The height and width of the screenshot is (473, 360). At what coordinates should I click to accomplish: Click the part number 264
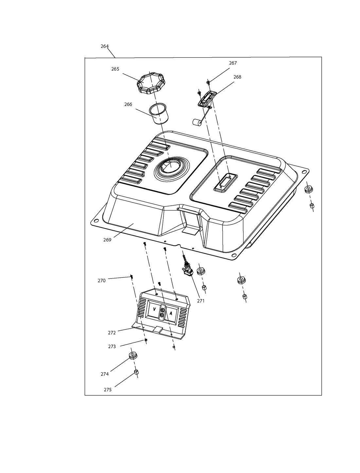click(105, 46)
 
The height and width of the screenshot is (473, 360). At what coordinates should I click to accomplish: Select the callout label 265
click(115, 69)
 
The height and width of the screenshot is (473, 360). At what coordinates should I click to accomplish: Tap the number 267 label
click(233, 63)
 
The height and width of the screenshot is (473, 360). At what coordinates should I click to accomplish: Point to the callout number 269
click(107, 240)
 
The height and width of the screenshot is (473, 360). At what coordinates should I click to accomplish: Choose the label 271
click(201, 301)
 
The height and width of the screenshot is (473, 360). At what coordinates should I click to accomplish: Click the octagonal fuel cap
click(151, 83)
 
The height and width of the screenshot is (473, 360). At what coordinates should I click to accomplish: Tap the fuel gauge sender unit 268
click(207, 99)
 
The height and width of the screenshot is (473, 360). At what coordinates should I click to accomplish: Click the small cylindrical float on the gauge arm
click(197, 122)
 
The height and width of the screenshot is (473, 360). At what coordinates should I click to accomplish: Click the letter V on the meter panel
click(154, 309)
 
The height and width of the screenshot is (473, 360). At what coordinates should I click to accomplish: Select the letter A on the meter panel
click(171, 313)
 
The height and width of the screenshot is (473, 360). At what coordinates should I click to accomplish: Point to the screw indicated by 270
click(131, 276)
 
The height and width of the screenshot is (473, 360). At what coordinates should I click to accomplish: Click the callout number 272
click(112, 333)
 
